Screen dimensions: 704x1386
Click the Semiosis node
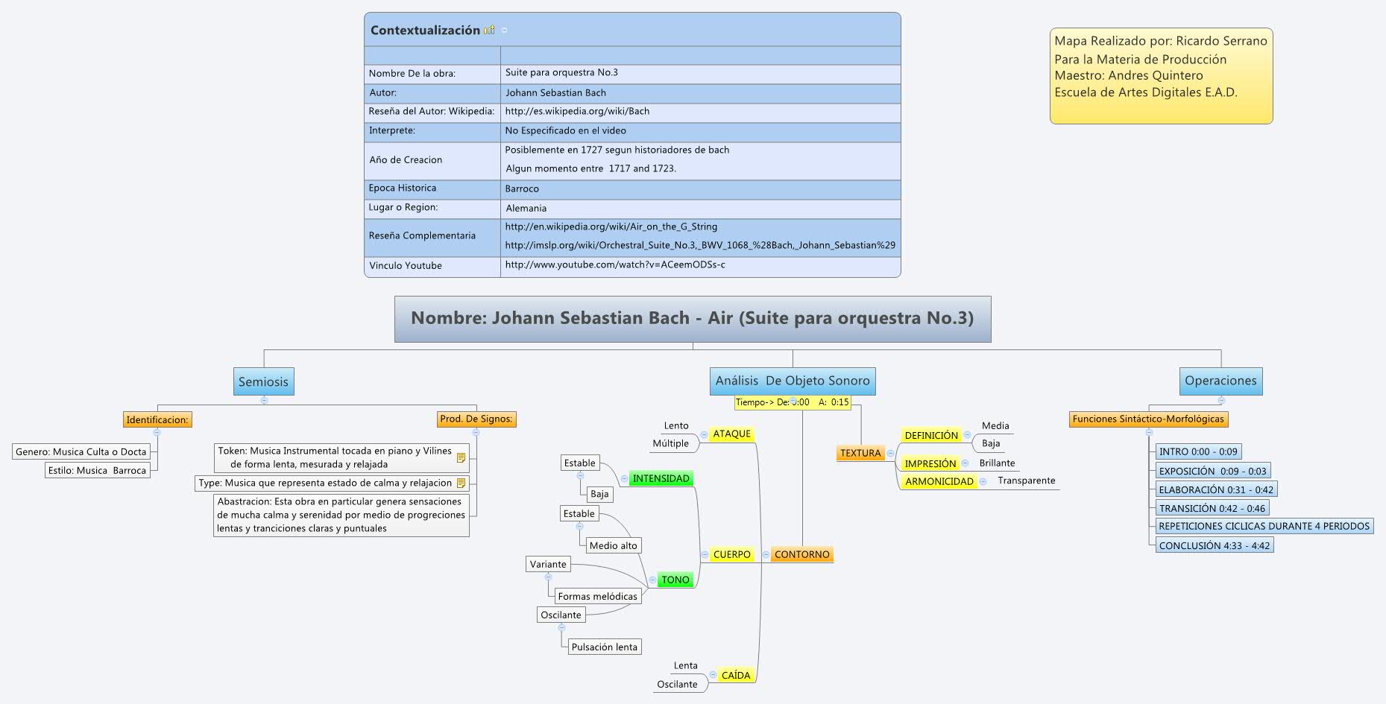pyautogui.click(x=263, y=381)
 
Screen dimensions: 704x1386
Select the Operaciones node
pyautogui.click(x=1220, y=381)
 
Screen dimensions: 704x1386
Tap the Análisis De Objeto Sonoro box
pyautogui.click(x=793, y=381)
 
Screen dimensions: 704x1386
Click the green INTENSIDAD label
pyautogui.click(x=661, y=478)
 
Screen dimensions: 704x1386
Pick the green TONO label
pyautogui.click(x=675, y=580)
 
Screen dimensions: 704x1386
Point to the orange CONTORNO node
pyautogui.click(x=801, y=554)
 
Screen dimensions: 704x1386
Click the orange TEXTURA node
pyautogui.click(x=860, y=453)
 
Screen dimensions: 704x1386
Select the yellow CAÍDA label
pyautogui.click(x=736, y=675)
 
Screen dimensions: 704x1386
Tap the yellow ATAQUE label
pyautogui.click(x=731, y=434)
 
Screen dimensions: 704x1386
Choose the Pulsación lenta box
pyautogui.click(x=604, y=647)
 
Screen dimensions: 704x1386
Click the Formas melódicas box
pyautogui.click(x=597, y=596)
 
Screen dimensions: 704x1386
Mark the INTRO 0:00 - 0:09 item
pyautogui.click(x=1198, y=451)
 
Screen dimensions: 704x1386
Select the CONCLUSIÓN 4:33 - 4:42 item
pyautogui.click(x=1214, y=545)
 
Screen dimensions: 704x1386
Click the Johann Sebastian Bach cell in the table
pyautogui.click(x=555, y=93)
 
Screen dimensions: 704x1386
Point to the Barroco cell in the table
pyautogui.click(x=522, y=189)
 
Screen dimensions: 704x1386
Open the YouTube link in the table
pyautogui.click(x=615, y=264)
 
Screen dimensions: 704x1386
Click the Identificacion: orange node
pyautogui.click(x=157, y=419)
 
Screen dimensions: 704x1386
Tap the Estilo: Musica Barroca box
pyautogui.click(x=97, y=470)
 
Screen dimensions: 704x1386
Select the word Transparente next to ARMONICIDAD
pyautogui.click(x=1026, y=481)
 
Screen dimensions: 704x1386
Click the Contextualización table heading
pyautogui.click(x=425, y=31)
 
